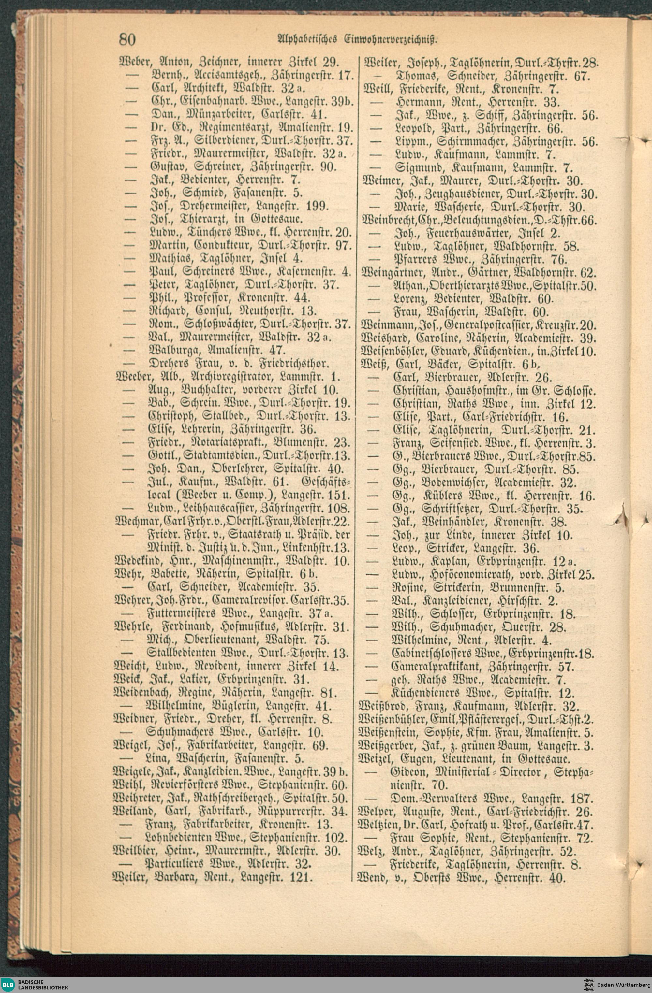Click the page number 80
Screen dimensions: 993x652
[x=127, y=40]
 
